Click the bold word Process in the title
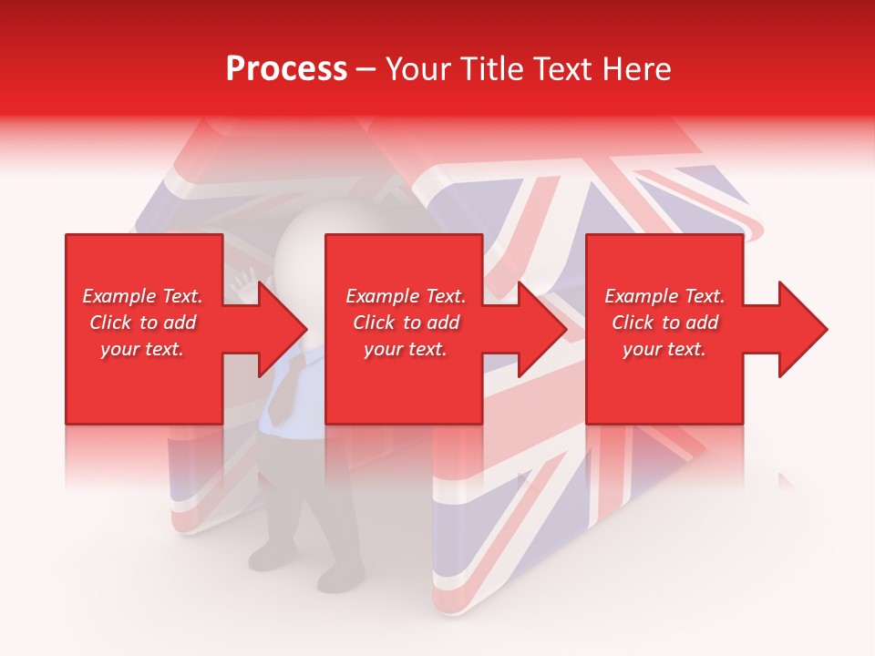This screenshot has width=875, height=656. pyautogui.click(x=286, y=69)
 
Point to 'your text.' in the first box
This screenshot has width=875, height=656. pyautogui.click(x=142, y=349)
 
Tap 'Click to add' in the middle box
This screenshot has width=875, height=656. pyautogui.click(x=406, y=323)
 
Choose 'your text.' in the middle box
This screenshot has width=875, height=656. pyautogui.click(x=406, y=349)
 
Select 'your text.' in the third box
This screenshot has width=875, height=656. pyautogui.click(x=664, y=349)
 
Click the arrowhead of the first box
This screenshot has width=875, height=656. pyautogui.click(x=283, y=329)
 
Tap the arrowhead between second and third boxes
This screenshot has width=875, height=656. pyautogui.click(x=543, y=329)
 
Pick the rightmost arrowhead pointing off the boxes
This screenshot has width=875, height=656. pyautogui.click(x=803, y=329)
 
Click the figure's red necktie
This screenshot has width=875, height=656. pyautogui.click(x=284, y=387)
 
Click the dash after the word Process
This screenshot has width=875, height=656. pyautogui.click(x=366, y=70)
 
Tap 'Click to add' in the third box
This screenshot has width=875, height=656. pyautogui.click(x=664, y=323)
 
